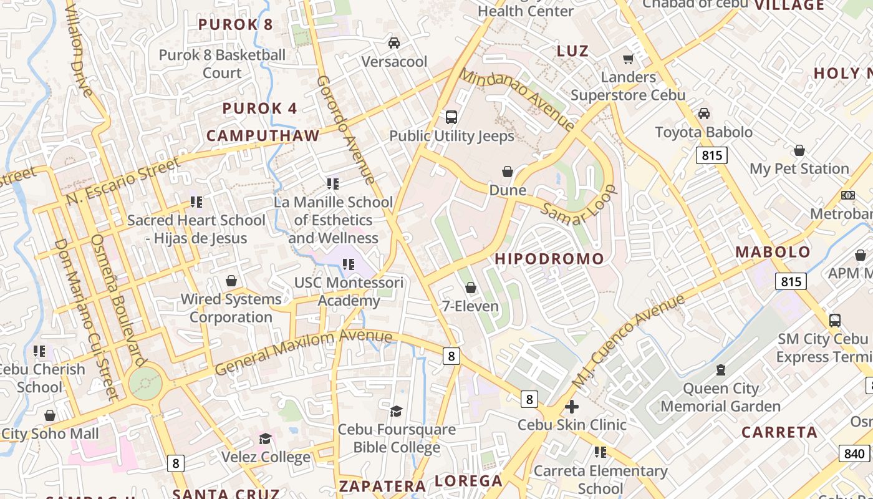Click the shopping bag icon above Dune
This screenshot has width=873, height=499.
tap(508, 172)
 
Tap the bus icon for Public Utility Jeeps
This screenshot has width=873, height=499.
tap(451, 117)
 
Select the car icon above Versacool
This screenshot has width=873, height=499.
tap(394, 43)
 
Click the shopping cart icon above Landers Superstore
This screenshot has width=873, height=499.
tap(628, 59)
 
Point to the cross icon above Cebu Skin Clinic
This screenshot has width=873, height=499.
tap(571, 407)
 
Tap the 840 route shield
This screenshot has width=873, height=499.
tap(854, 453)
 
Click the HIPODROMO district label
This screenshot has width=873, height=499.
tap(549, 259)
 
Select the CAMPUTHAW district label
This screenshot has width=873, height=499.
tap(263, 135)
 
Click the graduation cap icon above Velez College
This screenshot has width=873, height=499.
tap(266, 438)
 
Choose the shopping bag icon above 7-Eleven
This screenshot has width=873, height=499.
tap(471, 288)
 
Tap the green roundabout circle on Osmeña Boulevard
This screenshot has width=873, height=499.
tap(145, 382)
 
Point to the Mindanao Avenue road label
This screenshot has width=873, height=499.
tap(517, 99)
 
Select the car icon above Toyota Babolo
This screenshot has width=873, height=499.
tap(704, 114)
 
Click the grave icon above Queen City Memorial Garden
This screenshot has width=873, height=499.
tap(721, 370)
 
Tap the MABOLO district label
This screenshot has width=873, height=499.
tap(773, 252)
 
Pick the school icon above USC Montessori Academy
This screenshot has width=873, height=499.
tap(349, 264)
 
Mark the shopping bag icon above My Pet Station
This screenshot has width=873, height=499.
tap(799, 150)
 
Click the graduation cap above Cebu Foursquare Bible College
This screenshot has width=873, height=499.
tap(397, 411)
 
